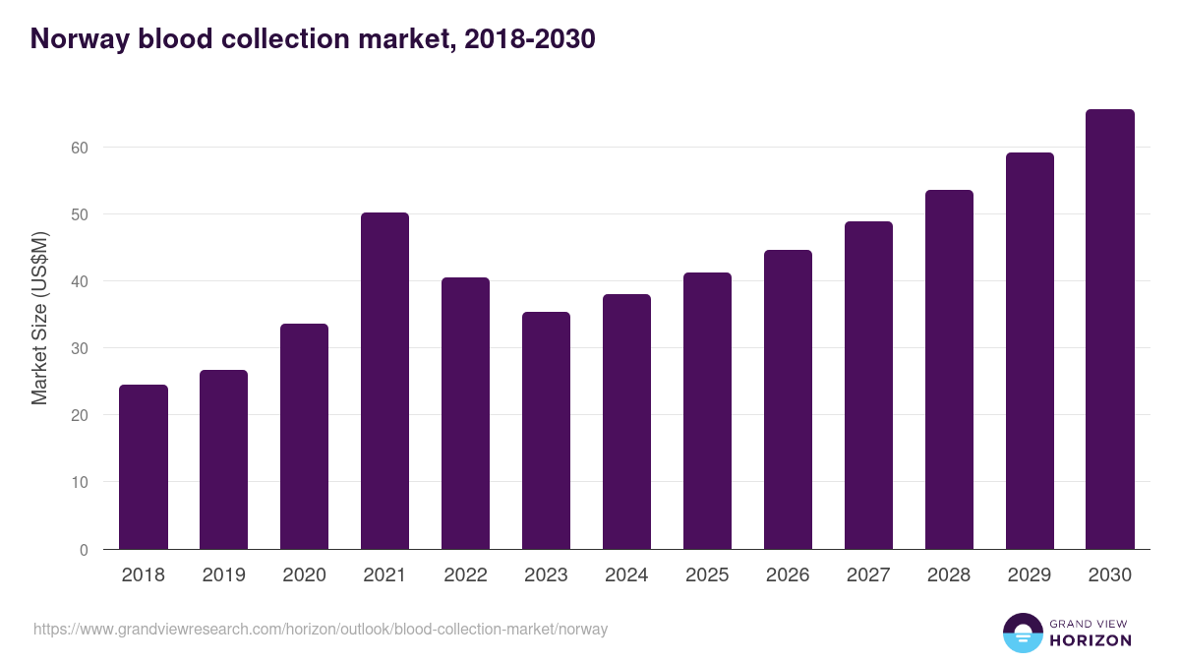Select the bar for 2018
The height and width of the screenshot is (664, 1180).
tap(144, 467)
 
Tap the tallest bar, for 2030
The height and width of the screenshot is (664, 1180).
tap(1110, 330)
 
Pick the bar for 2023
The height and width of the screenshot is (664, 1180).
tap(546, 431)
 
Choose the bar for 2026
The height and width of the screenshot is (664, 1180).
tap(788, 399)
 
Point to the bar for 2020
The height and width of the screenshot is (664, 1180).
tap(304, 437)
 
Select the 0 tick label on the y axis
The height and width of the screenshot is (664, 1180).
tap(84, 550)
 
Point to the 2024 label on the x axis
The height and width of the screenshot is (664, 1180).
tap(626, 575)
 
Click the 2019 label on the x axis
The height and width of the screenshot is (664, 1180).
tap(224, 575)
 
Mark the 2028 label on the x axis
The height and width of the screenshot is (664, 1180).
tap(949, 575)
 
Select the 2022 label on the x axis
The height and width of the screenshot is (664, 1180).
tap(465, 575)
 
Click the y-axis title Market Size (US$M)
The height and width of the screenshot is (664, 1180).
tap(39, 319)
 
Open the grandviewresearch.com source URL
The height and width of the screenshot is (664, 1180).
tap(321, 629)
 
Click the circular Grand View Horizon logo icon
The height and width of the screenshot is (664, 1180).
tap(1023, 633)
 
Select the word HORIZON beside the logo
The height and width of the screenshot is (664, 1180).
tap(1091, 640)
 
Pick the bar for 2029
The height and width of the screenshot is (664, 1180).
tap(1030, 351)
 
